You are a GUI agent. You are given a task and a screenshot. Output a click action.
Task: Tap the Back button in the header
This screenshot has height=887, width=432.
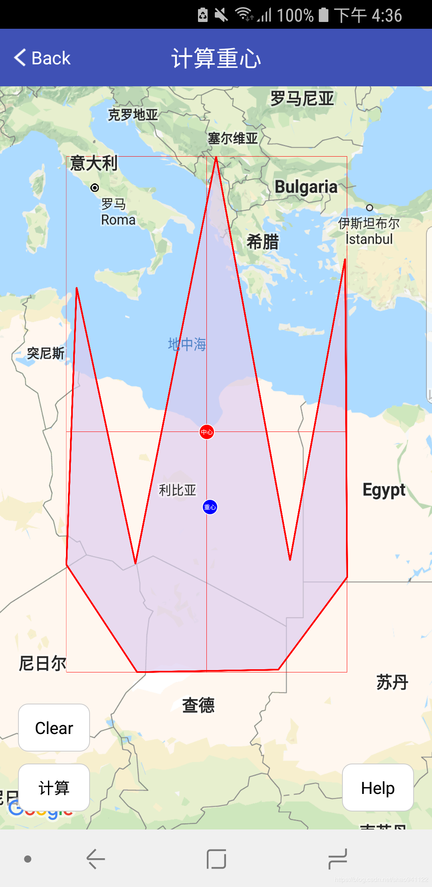42,58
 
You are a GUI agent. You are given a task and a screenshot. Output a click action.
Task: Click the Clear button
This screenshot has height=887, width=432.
54,728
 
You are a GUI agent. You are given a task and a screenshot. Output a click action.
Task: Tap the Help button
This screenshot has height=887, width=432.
378,788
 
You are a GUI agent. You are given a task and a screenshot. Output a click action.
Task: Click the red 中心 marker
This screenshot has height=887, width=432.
206,432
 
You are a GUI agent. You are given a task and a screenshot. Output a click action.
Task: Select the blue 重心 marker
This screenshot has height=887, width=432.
210,507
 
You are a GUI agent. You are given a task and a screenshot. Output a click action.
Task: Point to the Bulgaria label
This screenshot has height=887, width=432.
306,187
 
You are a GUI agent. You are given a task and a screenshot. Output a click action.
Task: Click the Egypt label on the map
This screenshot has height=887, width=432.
384,490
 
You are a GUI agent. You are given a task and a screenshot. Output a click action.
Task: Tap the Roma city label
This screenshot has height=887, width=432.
118,220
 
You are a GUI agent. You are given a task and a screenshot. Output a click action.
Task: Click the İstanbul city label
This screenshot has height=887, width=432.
369,239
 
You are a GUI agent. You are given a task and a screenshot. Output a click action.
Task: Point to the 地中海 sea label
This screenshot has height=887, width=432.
187,344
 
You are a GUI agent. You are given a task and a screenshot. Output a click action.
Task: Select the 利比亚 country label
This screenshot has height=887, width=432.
178,490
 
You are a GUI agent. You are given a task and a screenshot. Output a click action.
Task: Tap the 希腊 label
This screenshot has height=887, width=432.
262,242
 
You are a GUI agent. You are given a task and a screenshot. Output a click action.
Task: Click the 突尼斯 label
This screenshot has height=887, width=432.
46,354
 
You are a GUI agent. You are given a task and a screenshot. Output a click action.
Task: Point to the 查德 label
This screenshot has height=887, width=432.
198,705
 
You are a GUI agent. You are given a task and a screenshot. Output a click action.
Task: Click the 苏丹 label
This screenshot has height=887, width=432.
392,682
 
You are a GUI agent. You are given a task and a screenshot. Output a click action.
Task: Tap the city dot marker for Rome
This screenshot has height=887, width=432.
95,188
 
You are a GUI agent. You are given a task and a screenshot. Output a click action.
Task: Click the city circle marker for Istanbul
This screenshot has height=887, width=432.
370,208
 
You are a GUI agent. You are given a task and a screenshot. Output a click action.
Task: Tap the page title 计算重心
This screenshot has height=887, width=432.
216,58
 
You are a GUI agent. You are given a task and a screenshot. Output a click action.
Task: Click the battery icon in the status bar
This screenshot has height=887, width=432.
324,15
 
